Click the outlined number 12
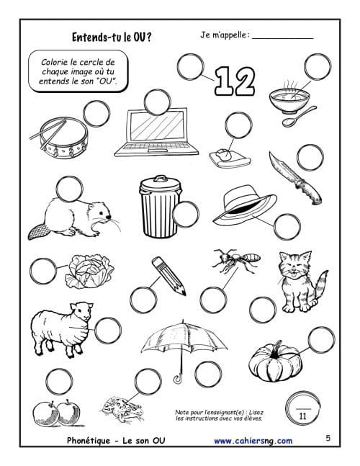click(x=235, y=81)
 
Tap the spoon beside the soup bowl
click(x=298, y=117)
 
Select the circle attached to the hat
click(x=287, y=227)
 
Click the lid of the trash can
click(x=161, y=184)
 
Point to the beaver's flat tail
click(x=38, y=232)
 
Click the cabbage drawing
click(x=89, y=271)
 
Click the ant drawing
click(x=236, y=260)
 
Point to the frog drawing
click(x=123, y=409)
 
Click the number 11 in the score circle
click(x=302, y=416)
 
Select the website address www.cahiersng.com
click(x=253, y=441)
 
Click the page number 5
click(x=328, y=438)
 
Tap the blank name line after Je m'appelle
click(x=282, y=38)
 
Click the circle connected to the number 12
click(x=190, y=67)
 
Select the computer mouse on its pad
click(x=224, y=153)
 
